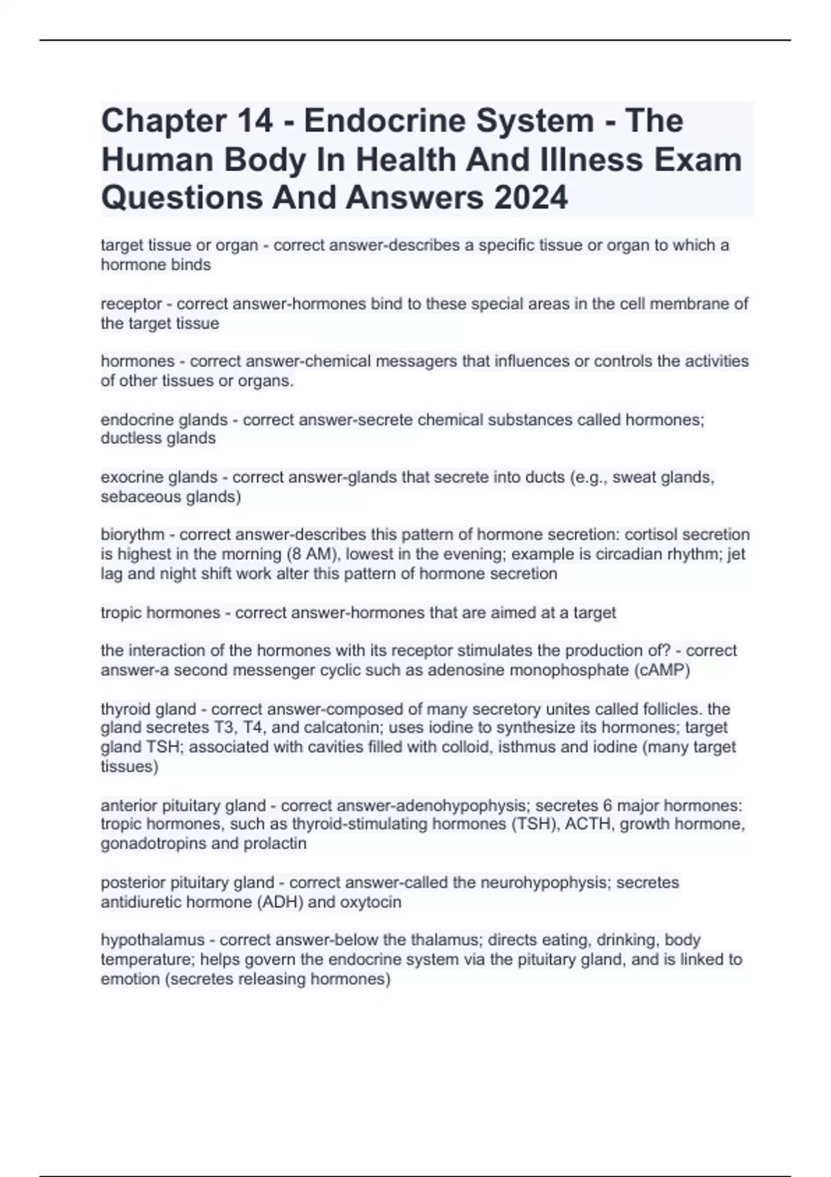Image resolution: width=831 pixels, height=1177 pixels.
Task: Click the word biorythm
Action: pos(132,534)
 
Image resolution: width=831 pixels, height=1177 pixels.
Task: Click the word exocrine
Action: pos(129,477)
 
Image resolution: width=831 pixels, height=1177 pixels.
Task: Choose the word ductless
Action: pos(129,438)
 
